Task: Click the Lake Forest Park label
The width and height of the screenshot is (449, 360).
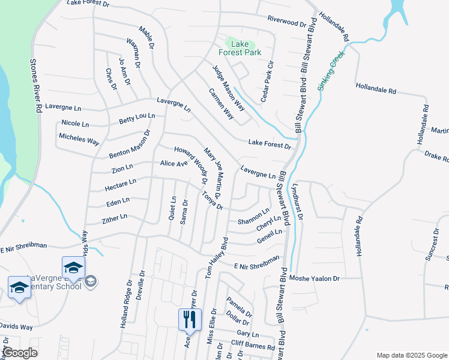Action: (243, 47)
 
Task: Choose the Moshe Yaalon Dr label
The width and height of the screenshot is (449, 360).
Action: (315, 278)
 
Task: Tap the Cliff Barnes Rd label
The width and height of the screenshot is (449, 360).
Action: (253, 346)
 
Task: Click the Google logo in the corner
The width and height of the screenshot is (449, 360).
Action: (20, 353)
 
